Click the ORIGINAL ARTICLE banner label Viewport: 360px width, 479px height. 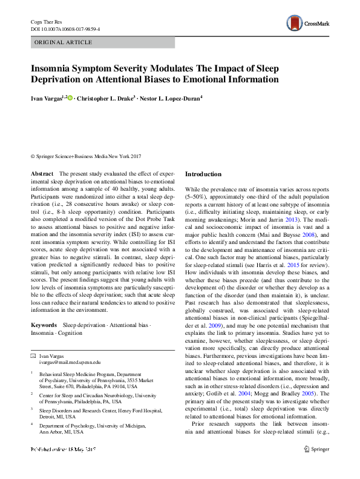click(64, 42)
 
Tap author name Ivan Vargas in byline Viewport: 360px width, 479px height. click(46, 98)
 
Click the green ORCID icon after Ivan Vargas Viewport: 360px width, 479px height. click(70, 98)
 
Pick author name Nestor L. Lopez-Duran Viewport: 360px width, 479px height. click(174, 98)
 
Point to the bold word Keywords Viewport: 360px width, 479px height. click(44, 325)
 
